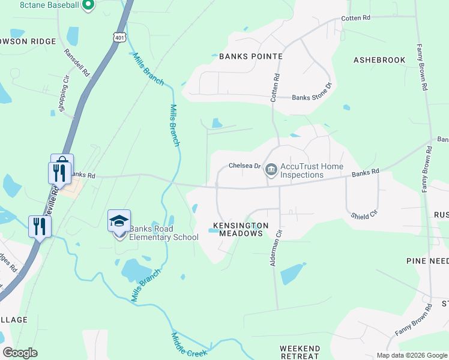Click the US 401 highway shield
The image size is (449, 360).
(120, 37)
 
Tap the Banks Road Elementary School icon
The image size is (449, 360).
(119, 222)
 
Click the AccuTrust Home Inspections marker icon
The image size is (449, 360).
(271, 170)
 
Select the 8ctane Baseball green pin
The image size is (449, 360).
(88, 5)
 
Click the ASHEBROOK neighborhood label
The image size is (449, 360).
(379, 60)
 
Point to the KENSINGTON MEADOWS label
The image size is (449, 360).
(238, 229)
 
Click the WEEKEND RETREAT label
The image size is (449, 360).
(300, 352)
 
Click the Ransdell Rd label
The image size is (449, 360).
(77, 61)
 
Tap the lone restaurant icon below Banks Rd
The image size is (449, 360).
(40, 226)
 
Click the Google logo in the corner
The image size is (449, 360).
(20, 353)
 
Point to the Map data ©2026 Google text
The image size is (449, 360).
(412, 355)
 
